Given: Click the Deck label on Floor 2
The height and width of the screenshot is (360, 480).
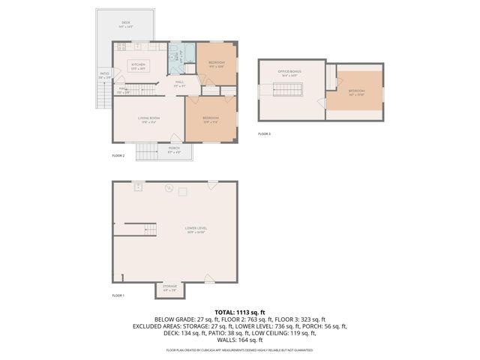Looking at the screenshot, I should pos(125,24).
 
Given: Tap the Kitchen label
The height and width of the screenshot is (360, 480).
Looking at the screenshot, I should pos(139,65).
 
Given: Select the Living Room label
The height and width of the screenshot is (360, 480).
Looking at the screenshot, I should pos(148,118).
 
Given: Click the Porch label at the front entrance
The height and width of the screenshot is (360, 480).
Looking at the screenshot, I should pos(173,149).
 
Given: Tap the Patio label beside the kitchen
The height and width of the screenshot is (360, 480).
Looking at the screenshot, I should pos(104,74).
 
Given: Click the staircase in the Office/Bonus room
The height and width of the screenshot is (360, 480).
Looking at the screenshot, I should pos(288,91).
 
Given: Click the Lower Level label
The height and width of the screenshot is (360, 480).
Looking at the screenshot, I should pos(196,229).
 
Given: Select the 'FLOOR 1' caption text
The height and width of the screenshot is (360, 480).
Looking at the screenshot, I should pos(118,295).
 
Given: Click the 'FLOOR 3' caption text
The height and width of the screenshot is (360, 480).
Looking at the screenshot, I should pos(264,133).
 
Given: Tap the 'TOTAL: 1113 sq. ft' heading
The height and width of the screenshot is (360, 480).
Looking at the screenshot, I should pos(240,312).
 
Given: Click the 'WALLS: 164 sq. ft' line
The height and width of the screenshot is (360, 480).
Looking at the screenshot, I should pos(240,340).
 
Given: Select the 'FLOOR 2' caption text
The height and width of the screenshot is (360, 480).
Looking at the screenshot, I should pos(118,155).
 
